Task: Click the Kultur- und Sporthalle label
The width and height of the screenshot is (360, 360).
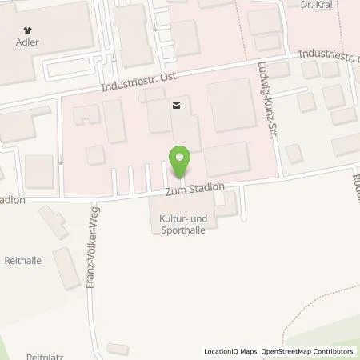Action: click(181, 222)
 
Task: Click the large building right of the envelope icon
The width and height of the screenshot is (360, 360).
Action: click(233, 106)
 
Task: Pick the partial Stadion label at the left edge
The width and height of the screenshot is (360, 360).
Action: click(12, 200)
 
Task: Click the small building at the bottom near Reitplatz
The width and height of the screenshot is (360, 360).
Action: click(117, 348)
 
